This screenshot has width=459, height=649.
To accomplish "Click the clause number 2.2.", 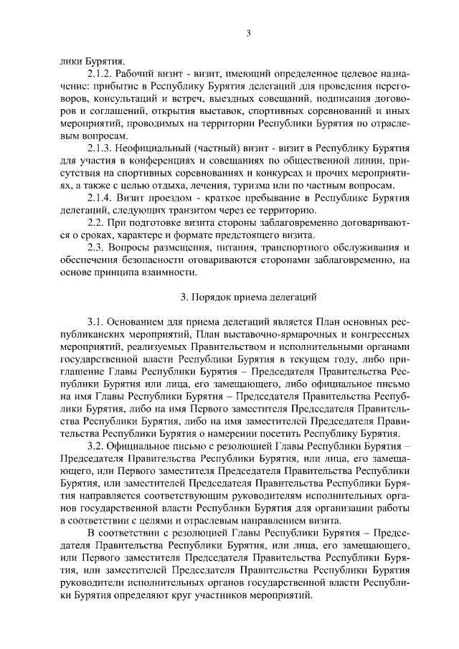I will pos(97,223).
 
